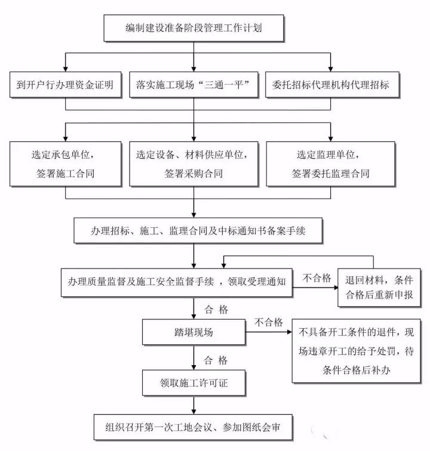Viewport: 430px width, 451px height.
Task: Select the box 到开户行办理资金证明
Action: coord(65,85)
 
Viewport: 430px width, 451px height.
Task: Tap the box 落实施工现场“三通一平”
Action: coord(193,85)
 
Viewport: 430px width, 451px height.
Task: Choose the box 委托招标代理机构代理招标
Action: coord(330,85)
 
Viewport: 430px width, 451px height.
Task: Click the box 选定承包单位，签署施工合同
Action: coord(65,163)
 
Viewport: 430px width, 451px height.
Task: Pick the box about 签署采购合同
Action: coord(194,163)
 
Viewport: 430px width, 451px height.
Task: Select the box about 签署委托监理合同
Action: coord(330,163)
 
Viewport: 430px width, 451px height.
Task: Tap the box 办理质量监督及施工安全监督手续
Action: coord(177,280)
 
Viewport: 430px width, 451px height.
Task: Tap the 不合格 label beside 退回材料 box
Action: coord(317,278)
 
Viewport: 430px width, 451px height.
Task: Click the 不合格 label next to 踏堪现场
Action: coord(269,323)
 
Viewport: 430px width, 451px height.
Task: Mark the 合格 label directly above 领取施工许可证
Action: coord(216,360)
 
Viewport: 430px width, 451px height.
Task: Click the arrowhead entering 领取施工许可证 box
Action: coord(193,366)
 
